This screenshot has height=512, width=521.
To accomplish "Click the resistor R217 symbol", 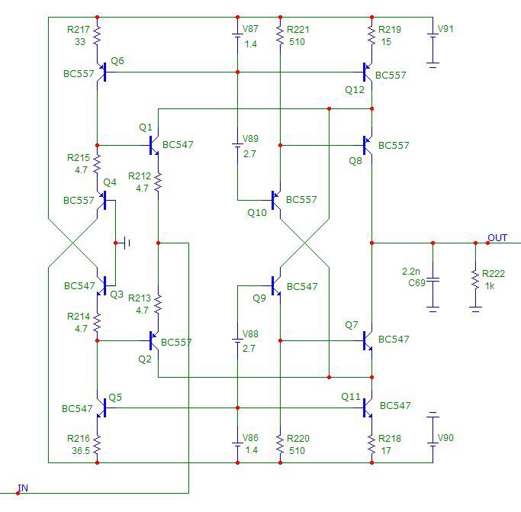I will [x=98, y=34].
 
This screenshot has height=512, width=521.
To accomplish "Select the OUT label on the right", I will [x=497, y=237].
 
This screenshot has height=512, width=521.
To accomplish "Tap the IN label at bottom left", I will [x=23, y=488].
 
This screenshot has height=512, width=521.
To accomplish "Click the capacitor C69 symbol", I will [x=433, y=280].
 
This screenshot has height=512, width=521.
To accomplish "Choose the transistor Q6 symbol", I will [x=101, y=72].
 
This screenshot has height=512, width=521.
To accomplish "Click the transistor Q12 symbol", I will [x=368, y=72].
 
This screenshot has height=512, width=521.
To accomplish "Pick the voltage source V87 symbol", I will [x=237, y=34].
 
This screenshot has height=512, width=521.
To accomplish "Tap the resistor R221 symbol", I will [x=281, y=34].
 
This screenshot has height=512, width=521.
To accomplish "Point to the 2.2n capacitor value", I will [x=411, y=271].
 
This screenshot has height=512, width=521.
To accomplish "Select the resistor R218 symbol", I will [x=371, y=443].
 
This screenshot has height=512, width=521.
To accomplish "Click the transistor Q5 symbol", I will [x=101, y=408].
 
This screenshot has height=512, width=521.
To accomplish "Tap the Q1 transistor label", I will [x=146, y=127].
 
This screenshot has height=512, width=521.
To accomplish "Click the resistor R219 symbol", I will [x=371, y=34].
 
